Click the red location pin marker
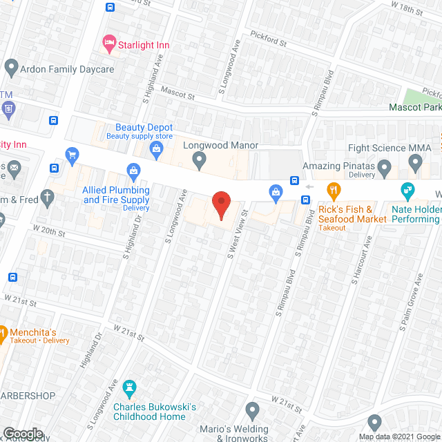point(220,206)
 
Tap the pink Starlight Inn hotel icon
point(109,44)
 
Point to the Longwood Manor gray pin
point(200,161)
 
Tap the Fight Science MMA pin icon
point(415,163)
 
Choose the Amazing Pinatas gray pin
point(386,168)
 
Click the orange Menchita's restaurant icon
point(2,331)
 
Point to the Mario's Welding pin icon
point(251,410)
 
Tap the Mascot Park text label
point(414,108)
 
